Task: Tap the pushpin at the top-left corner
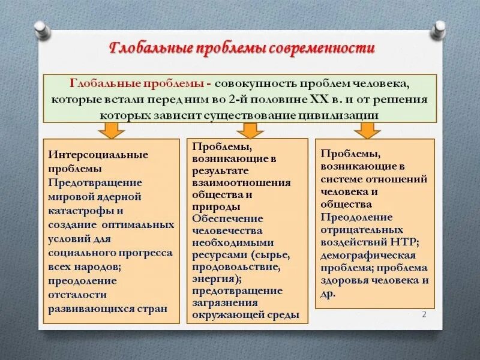41,28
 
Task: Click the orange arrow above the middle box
250,130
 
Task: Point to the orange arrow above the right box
367,130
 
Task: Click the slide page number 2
424,314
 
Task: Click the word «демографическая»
358,254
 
